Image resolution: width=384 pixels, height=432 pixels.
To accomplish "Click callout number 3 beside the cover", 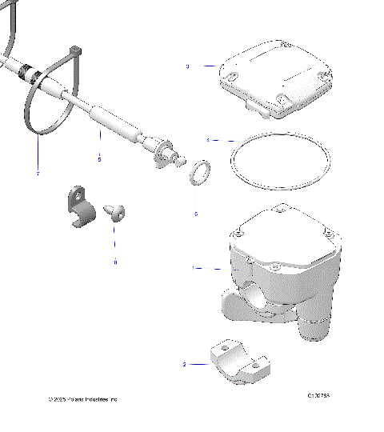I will click(187, 66).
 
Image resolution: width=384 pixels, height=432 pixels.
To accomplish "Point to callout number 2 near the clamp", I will click(185, 364).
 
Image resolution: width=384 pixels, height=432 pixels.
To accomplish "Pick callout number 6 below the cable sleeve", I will click(100, 158).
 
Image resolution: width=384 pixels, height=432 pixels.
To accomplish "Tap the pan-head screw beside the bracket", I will click(115, 211).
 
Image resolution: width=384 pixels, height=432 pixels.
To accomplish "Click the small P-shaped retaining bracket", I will click(78, 207).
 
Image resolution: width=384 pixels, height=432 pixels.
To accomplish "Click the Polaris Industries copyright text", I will click(82, 398).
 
